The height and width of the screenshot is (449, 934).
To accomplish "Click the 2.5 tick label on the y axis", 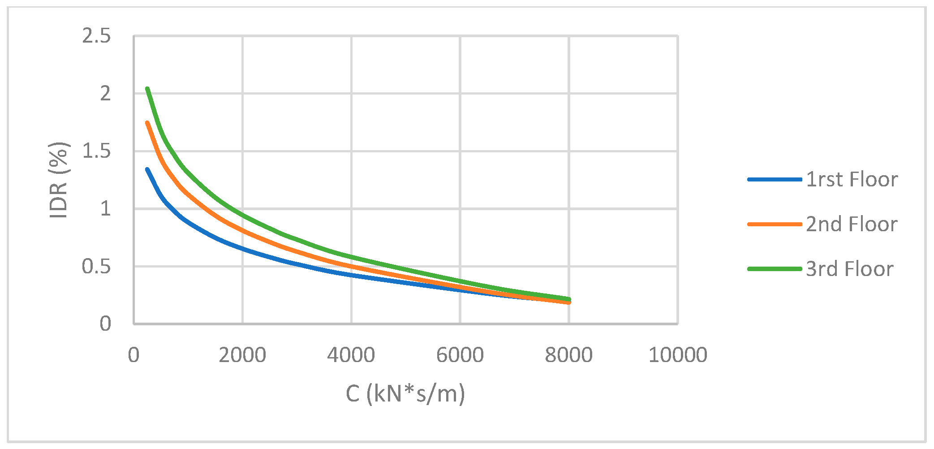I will [x=96, y=36].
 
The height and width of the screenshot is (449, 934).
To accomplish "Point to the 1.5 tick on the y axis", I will [x=96, y=151].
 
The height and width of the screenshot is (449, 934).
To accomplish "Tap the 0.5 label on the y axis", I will [x=96, y=267].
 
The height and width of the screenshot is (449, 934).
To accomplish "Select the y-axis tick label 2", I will [x=105, y=94].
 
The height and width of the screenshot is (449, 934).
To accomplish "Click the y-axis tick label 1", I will [x=105, y=209].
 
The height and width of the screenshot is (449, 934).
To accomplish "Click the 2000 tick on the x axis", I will [x=242, y=355].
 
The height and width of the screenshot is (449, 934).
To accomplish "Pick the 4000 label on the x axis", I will [x=351, y=355].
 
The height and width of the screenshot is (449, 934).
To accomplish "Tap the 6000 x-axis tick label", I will [x=460, y=355].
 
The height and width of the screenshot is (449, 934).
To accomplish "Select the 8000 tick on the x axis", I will [x=569, y=355].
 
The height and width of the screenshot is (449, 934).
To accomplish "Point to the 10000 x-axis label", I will [x=678, y=355].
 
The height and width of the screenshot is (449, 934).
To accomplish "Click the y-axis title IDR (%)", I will [x=59, y=180].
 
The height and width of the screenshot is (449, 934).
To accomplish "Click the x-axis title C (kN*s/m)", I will [x=405, y=394].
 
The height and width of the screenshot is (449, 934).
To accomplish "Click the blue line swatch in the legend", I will [x=775, y=180].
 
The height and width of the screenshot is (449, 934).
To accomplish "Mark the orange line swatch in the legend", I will [x=775, y=224].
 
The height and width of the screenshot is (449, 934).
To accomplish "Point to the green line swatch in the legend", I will [x=775, y=269].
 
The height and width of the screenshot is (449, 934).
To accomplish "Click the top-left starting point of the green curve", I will [x=147, y=89].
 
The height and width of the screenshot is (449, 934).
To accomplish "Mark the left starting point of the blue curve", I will [x=147, y=169].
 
